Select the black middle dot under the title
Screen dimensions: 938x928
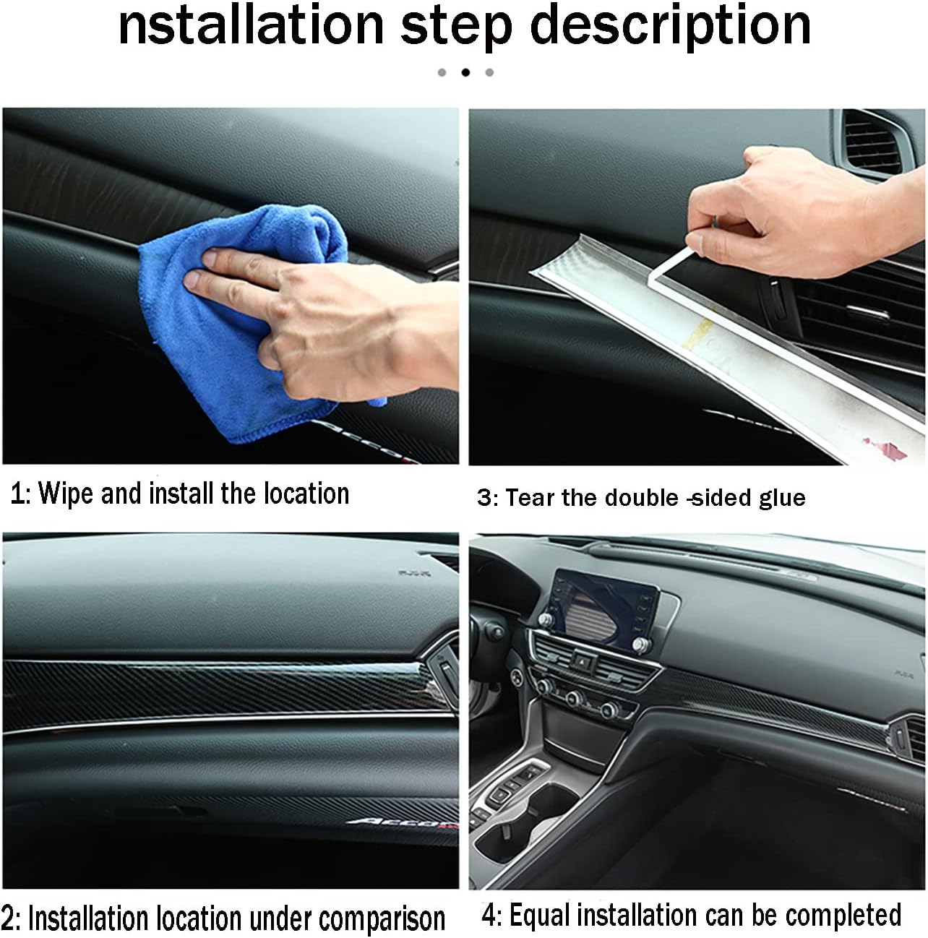(x=465, y=72)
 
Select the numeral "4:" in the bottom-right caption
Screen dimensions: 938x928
(x=491, y=916)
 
